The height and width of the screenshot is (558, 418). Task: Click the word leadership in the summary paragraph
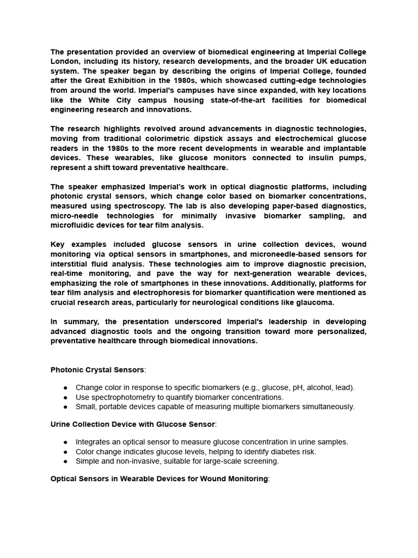270,322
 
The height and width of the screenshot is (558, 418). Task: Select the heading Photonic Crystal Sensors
97,370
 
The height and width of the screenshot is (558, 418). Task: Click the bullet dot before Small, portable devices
66,407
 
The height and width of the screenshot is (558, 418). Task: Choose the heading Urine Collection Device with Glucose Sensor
133,424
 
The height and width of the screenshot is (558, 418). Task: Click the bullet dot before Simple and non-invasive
66,461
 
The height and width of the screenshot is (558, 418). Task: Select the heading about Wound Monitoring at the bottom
159,478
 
